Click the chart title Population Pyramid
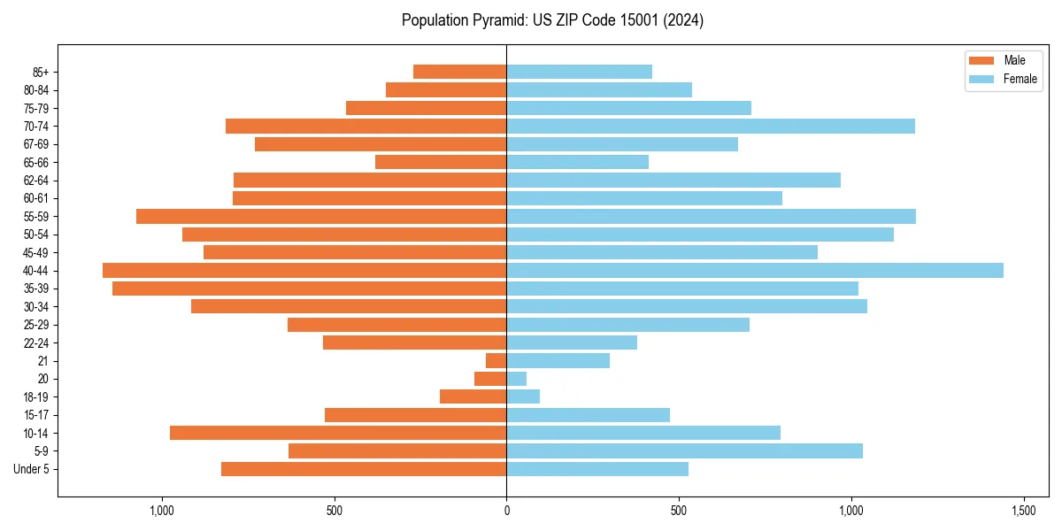click(x=552, y=20)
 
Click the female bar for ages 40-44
click(x=755, y=271)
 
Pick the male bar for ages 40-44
click(x=304, y=271)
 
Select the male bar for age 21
click(x=496, y=361)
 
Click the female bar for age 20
click(x=517, y=379)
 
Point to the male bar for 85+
click(x=460, y=72)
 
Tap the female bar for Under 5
click(x=597, y=469)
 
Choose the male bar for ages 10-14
click(x=338, y=433)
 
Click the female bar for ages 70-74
click(x=711, y=127)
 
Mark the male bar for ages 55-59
click(x=321, y=217)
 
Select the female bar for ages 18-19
click(x=523, y=396)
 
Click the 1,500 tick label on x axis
click(x=1024, y=511)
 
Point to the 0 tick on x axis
click(x=506, y=511)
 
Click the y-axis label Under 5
click(x=32, y=469)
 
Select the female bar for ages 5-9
click(x=684, y=451)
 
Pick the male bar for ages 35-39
click(x=310, y=289)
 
